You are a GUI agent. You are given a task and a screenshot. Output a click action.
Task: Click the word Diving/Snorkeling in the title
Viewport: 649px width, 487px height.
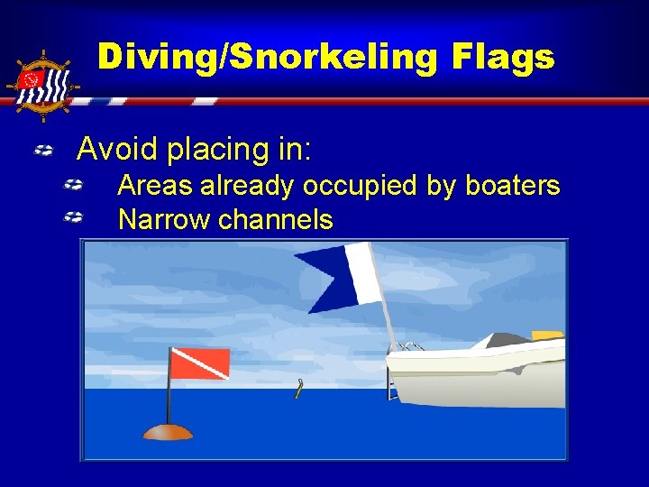(250, 58)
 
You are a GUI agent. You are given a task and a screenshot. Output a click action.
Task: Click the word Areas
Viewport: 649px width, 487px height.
(155, 186)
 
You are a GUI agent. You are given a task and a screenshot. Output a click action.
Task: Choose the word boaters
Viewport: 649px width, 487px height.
(512, 186)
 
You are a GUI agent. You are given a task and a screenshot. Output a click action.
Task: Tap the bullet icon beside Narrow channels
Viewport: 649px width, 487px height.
(74, 218)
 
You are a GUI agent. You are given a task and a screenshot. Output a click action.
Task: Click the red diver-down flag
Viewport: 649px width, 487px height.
(199, 363)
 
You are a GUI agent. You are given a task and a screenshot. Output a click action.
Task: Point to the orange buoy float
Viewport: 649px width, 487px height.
(168, 431)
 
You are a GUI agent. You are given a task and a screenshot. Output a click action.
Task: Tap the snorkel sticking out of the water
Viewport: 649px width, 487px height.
(299, 389)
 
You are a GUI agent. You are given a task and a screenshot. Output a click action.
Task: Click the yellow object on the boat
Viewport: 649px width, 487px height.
(546, 335)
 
